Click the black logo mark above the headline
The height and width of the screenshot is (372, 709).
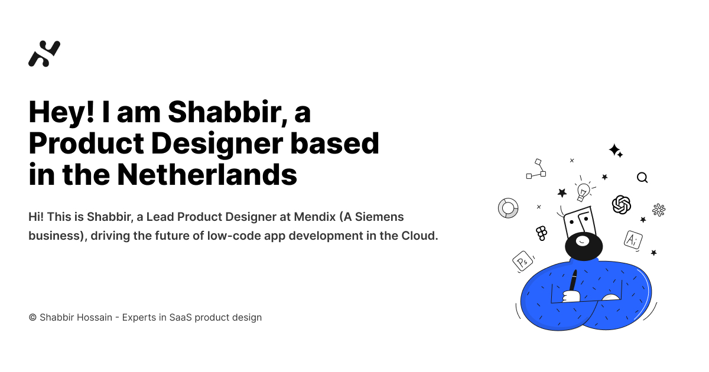click(x=44, y=54)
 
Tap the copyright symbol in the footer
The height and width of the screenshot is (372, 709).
click(x=32, y=318)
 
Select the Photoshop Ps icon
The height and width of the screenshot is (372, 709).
click(x=522, y=261)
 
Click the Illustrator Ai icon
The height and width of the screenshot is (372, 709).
click(x=633, y=239)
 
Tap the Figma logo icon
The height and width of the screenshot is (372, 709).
click(x=542, y=233)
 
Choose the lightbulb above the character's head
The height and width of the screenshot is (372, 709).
click(x=584, y=190)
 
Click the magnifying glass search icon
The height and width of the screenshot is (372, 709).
click(x=642, y=178)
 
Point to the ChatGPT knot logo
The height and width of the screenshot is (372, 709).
click(x=622, y=205)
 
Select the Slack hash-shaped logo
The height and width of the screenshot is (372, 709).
click(x=659, y=210)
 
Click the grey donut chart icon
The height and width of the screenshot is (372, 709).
click(x=508, y=208)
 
